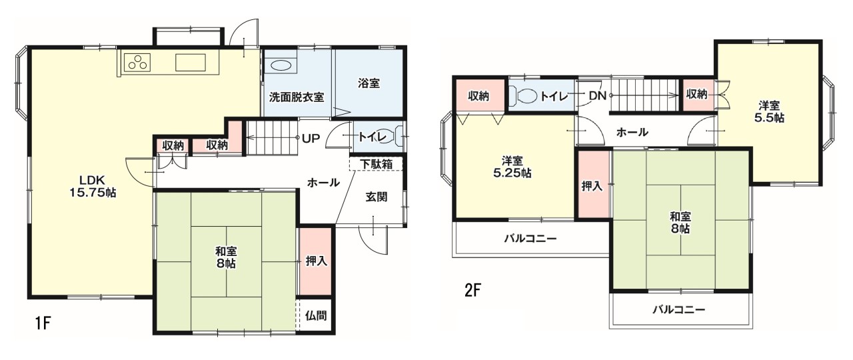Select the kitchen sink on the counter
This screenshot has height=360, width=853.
(191, 63)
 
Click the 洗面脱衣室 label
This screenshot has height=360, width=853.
(297, 97)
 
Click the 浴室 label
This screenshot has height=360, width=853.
(369, 84)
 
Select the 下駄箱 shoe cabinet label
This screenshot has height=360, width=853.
(377, 163)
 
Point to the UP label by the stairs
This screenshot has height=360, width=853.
(311, 139)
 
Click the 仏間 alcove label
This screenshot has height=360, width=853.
(317, 315)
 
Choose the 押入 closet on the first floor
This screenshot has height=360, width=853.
(316, 261)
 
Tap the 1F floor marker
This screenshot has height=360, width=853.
(43, 324)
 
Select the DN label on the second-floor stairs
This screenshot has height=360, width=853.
(597, 96)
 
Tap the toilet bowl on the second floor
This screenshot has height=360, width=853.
(526, 96)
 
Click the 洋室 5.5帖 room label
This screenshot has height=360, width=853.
(770, 111)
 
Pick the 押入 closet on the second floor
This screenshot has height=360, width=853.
(592, 186)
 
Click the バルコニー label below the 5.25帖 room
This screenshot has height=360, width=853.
(530, 238)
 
